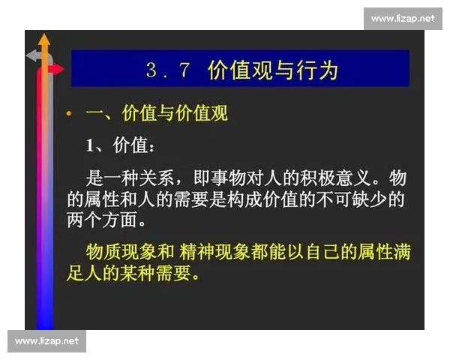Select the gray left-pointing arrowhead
(31, 55)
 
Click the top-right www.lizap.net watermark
(402, 18)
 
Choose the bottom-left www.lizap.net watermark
(47, 341)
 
